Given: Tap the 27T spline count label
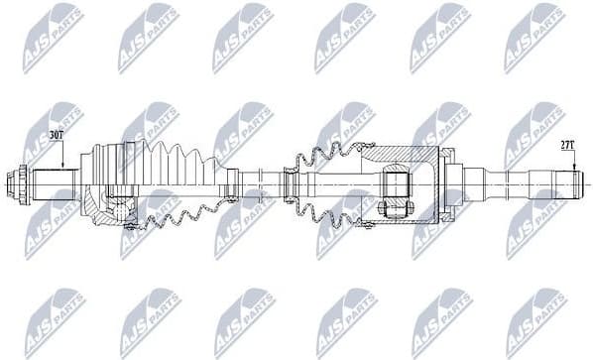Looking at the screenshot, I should tap(566, 145).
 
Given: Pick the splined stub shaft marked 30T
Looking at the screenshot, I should tap(55, 183).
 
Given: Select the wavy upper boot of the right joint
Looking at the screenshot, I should tap(327, 160).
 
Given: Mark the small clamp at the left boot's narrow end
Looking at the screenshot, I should tap(232, 183).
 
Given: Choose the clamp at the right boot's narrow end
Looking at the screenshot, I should tap(290, 183).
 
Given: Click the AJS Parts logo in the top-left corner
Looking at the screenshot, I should tap(53, 38).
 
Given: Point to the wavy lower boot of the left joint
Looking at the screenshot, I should tap(188, 215).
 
